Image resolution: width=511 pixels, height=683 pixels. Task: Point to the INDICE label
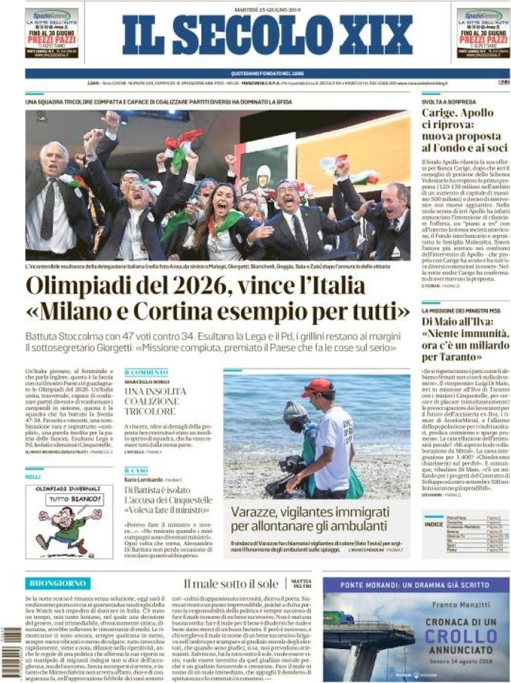coord(434,523)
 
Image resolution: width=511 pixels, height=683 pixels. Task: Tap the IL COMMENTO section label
coord(146,372)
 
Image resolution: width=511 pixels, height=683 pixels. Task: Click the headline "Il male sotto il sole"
coord(231,584)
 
